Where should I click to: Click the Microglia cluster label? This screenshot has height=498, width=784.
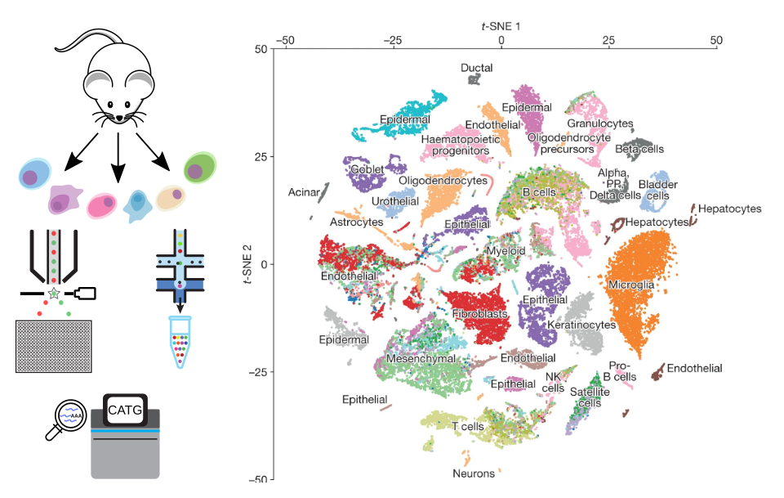[630, 285]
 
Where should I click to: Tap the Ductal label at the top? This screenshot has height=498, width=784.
[476, 68]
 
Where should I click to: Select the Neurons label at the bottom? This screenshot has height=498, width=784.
[474, 473]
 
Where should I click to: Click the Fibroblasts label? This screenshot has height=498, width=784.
[479, 313]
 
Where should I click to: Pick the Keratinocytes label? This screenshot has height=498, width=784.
[581, 325]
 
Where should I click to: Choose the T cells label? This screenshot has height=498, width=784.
[465, 426]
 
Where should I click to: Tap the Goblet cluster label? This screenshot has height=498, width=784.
[367, 170]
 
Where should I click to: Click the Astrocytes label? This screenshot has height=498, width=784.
[356, 222]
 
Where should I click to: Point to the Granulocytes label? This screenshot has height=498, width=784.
[601, 123]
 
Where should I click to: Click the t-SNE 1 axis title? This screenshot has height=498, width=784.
[501, 26]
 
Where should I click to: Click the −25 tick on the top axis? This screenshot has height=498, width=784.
[394, 40]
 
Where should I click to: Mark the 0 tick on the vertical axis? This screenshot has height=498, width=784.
[263, 264]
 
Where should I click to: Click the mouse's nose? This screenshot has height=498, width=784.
[119, 118]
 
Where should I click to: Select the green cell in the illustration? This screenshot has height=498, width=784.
[199, 168]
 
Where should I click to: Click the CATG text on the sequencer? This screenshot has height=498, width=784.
[125, 409]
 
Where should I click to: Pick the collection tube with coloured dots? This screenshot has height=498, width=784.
[180, 341]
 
